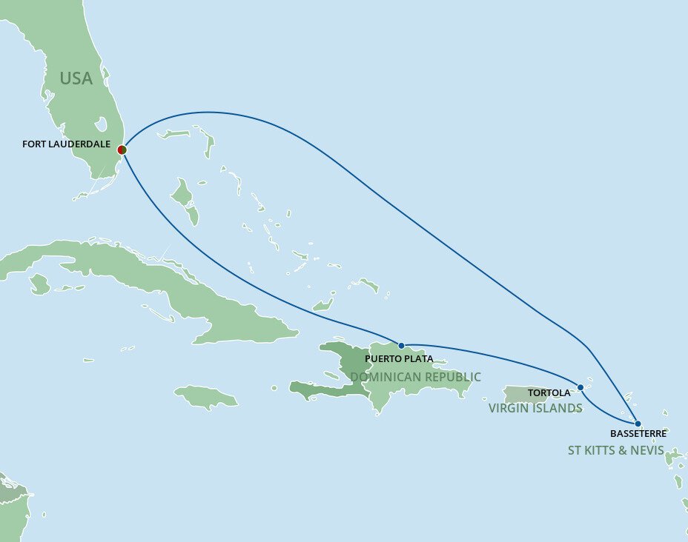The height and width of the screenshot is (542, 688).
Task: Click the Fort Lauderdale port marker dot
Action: tap(122, 150)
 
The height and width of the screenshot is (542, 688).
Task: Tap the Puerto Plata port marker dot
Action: tap(401, 345)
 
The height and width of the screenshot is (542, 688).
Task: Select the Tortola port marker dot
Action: tap(580, 387)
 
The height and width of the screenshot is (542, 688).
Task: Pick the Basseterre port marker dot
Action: tap(638, 424)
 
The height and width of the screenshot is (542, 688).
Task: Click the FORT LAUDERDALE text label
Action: tap(66, 144)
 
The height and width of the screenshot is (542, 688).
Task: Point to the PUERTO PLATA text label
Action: tap(399, 359)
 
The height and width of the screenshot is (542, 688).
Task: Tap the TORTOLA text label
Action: tap(549, 393)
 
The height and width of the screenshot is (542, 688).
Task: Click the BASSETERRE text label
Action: tap(638, 434)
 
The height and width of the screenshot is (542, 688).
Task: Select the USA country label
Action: tap(76, 78)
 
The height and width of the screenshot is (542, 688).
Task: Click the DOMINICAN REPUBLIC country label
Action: tap(415, 377)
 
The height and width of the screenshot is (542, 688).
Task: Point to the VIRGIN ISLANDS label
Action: tap(535, 408)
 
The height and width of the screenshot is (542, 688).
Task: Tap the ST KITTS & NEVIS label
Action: tap(615, 449)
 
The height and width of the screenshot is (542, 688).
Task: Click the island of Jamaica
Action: tap(208, 397)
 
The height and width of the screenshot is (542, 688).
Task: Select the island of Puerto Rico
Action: tap(525, 394)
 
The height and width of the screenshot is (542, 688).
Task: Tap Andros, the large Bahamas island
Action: tap(183, 198)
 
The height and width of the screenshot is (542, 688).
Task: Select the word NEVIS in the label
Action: tap(646, 449)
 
